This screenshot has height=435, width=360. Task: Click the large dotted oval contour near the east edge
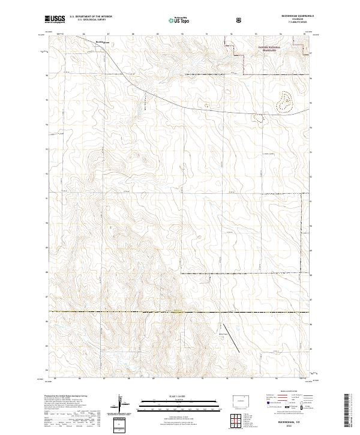[284, 102]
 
